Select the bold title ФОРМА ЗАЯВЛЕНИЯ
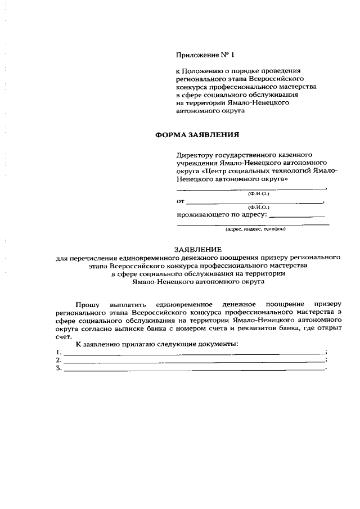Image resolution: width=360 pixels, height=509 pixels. (x=197, y=135)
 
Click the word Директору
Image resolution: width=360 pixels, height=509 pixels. (x=194, y=155)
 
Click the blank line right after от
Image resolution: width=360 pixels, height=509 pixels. (x=254, y=201)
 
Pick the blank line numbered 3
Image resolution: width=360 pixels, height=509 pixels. (x=194, y=369)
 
